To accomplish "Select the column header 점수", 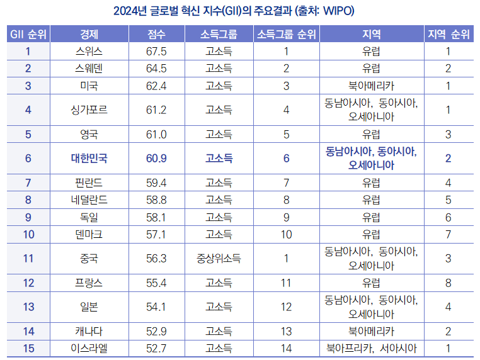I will coord(156,33).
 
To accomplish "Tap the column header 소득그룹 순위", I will coord(286,33).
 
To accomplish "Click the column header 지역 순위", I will coord(448,33).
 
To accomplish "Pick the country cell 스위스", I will coord(89,52).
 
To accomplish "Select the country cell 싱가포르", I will coord(89,110).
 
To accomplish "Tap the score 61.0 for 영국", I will coord(156,134).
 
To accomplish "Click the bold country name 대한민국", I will coord(89,158).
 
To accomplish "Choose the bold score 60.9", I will coord(156,158).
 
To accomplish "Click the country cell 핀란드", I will coord(89,183).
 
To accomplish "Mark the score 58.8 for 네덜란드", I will coord(156,200).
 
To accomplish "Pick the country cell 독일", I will coord(89,217).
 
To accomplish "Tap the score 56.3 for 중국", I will coord(156,258).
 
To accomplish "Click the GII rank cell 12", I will coord(28,283).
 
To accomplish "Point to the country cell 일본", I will coord(89,307).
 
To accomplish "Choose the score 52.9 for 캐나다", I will coord(156,331).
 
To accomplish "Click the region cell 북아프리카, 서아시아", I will coord(372,348).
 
